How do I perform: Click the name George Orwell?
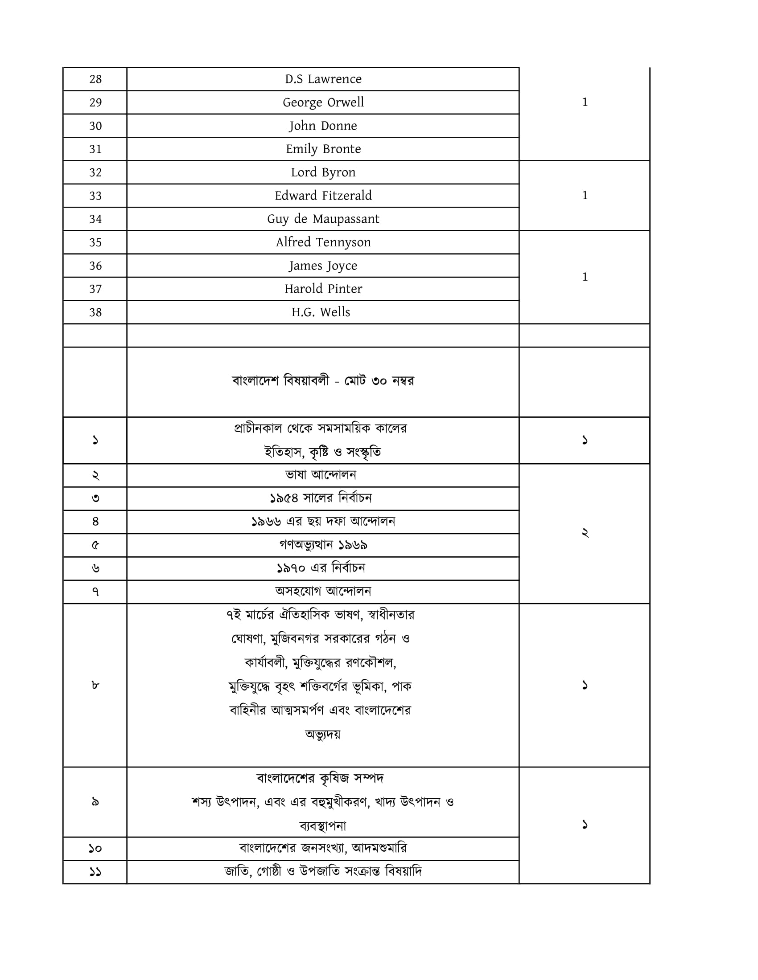point(323,103)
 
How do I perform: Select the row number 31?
point(95,149)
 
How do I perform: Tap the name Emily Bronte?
point(323,149)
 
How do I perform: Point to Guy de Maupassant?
point(323,219)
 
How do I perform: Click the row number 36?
point(95,266)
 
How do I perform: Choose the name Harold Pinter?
point(323,289)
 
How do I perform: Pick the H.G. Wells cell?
point(321,312)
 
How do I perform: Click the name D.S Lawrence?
point(323,79)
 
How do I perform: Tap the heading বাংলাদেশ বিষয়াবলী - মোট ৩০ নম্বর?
point(323,381)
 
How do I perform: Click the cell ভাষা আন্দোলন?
point(321,475)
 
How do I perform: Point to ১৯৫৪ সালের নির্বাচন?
point(321,498)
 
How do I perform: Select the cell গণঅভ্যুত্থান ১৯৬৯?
point(323,545)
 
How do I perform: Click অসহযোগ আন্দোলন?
point(323,592)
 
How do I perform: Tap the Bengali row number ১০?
point(95,849)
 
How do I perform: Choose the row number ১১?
point(95,872)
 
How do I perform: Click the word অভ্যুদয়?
point(323,735)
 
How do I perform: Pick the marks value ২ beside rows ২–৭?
point(585,533)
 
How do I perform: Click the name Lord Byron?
point(323,172)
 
